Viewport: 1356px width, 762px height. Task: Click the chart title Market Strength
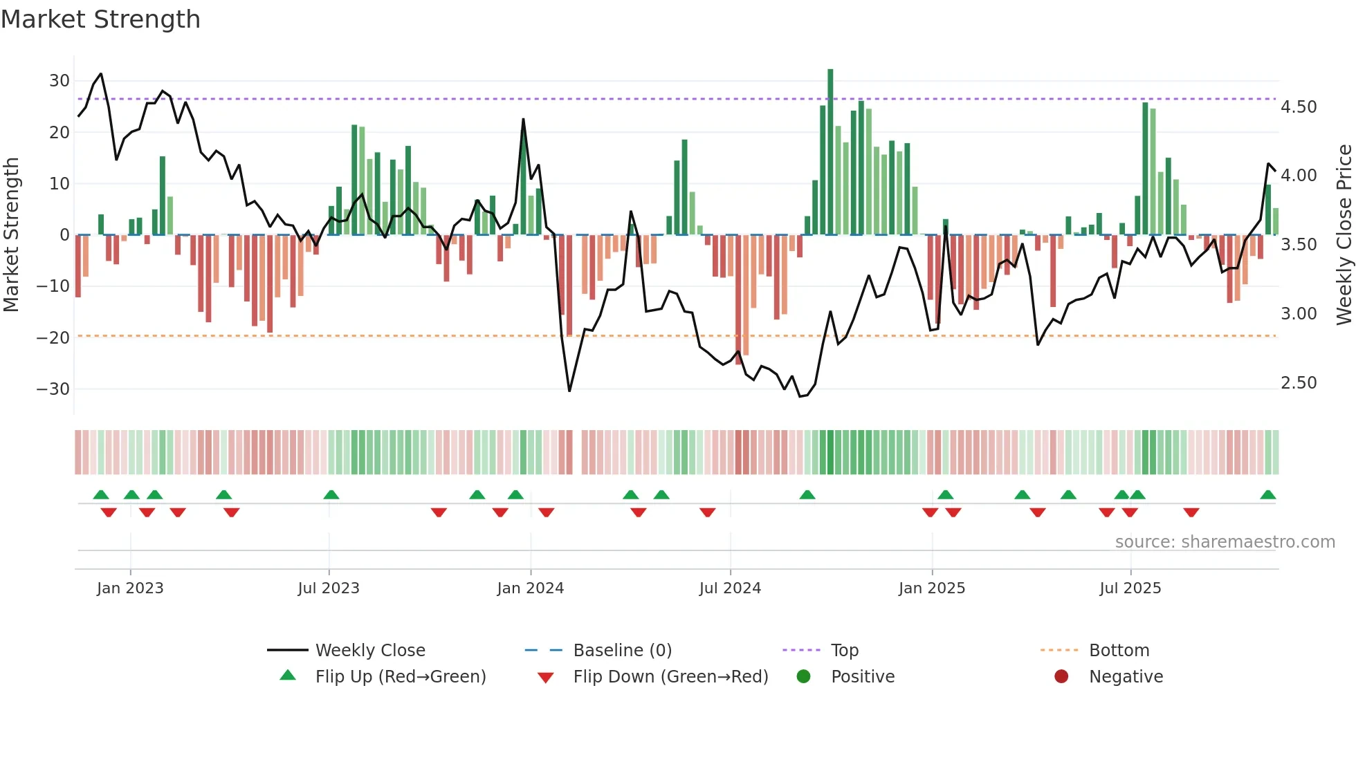(100, 19)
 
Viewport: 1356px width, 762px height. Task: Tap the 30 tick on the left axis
(59, 81)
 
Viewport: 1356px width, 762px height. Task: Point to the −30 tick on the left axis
(53, 389)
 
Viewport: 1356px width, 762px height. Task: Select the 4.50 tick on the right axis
(1299, 107)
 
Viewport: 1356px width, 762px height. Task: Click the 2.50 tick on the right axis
(1299, 383)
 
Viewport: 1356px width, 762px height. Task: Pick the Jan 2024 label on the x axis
(531, 588)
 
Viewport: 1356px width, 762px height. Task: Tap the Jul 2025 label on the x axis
(1130, 588)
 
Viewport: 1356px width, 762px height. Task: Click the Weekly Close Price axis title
(1344, 235)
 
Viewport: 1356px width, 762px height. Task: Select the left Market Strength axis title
(11, 235)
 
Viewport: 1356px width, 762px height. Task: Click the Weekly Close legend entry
(370, 651)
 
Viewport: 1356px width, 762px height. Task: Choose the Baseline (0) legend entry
(623, 651)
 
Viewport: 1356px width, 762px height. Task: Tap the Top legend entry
(845, 651)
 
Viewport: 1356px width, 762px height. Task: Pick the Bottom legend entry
(1119, 651)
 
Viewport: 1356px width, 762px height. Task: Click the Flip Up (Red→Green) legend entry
(401, 677)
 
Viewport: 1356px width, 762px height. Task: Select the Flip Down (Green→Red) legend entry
(670, 677)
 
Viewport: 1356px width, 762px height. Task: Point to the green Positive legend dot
(803, 677)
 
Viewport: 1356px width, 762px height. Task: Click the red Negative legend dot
(1061, 677)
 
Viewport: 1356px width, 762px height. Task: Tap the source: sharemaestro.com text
(1225, 542)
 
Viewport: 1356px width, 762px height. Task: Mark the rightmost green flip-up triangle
(1268, 495)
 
